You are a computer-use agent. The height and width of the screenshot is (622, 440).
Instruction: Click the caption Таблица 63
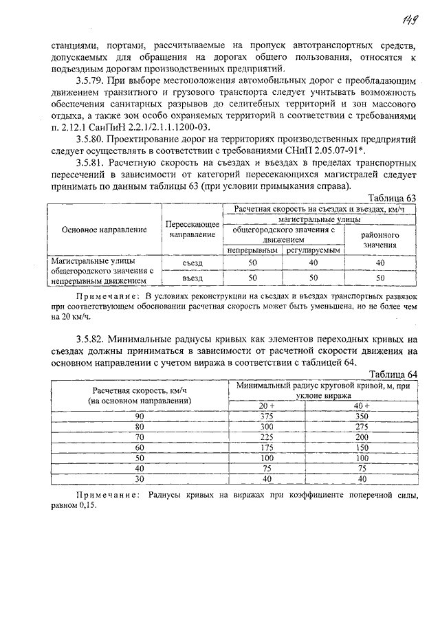point(392,198)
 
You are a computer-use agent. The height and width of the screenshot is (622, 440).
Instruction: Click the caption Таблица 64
point(393,373)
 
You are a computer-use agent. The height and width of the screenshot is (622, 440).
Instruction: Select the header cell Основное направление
point(104,229)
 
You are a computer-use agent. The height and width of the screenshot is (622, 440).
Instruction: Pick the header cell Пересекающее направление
point(192,230)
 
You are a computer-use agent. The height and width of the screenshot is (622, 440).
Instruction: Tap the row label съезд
point(192,263)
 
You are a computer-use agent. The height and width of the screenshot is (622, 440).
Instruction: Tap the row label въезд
point(192,278)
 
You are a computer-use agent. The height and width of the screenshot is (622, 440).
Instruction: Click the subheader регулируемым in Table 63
point(313,250)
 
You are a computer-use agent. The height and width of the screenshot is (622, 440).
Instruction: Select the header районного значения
point(380,239)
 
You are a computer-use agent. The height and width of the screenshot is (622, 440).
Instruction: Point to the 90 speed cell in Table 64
point(140,416)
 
